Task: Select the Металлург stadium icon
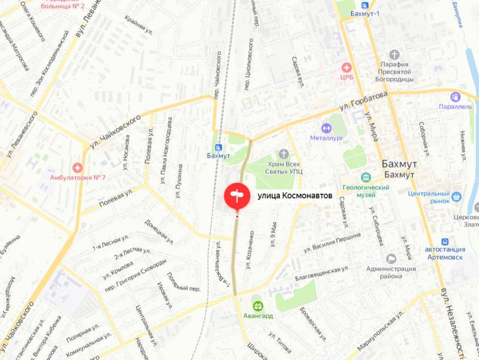pyautogui.click(x=326, y=128)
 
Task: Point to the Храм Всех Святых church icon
pyautogui.click(x=284, y=154)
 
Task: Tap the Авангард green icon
pyautogui.click(x=257, y=305)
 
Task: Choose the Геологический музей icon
pyautogui.click(x=366, y=177)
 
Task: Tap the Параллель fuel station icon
pyautogui.click(x=456, y=96)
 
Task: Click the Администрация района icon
pyautogui.click(x=392, y=258)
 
